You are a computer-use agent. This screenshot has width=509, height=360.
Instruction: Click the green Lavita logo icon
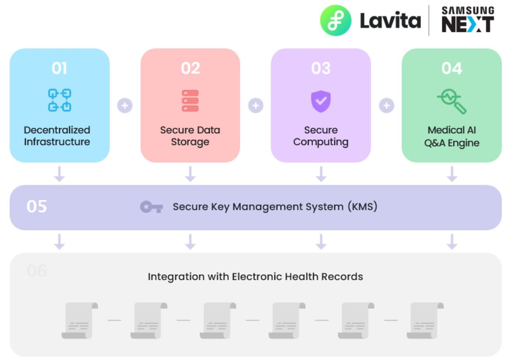(x=336, y=21)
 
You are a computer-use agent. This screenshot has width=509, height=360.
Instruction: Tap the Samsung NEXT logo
(x=468, y=19)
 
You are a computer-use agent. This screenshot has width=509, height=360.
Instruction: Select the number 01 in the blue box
(x=60, y=68)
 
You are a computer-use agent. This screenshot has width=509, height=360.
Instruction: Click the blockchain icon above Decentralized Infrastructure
(x=60, y=100)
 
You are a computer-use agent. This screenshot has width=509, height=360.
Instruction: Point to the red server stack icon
(x=190, y=101)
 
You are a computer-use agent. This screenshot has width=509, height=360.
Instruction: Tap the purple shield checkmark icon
(x=321, y=101)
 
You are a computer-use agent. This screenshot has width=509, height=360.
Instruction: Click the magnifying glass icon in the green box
(x=451, y=102)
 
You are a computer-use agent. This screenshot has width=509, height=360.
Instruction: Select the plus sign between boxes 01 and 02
(x=125, y=106)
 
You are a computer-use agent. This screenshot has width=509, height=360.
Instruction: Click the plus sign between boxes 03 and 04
(x=386, y=106)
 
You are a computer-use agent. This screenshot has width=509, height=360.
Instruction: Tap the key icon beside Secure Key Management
(x=151, y=207)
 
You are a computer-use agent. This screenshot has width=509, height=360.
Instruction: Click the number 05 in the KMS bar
(x=36, y=206)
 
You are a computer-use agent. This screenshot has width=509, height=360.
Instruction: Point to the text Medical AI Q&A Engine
(x=452, y=137)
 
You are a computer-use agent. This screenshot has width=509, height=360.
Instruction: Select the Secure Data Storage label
(x=190, y=136)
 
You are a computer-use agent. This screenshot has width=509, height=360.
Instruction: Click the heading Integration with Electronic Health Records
(x=255, y=276)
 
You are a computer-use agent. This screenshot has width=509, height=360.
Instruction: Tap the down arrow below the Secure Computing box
(x=321, y=174)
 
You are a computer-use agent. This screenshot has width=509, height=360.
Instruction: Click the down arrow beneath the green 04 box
(x=452, y=174)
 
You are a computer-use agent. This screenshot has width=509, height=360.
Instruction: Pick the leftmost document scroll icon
(x=79, y=320)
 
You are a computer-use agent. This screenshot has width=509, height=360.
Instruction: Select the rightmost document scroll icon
(x=425, y=320)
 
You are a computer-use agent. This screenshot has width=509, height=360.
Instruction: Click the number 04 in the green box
(x=451, y=68)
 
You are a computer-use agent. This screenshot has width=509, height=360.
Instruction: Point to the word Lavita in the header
(x=390, y=21)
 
